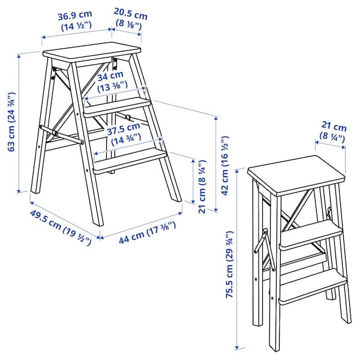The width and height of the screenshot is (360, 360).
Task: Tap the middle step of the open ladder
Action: click(x=117, y=106)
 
